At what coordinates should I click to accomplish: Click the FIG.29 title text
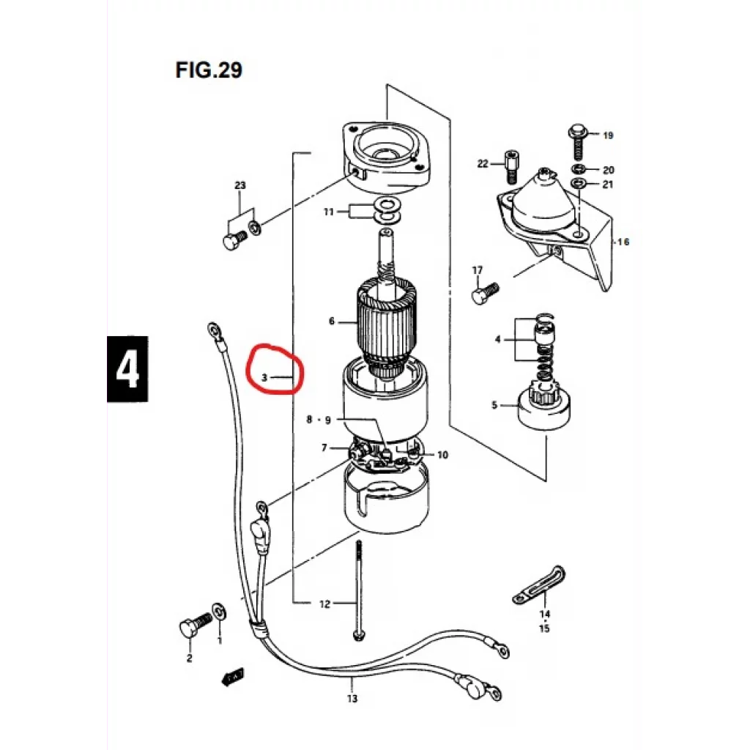(209, 70)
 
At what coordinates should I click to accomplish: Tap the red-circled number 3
(264, 377)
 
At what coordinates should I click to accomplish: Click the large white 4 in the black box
(127, 369)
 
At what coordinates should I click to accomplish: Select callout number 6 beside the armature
(332, 321)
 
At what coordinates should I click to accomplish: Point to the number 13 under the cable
(352, 699)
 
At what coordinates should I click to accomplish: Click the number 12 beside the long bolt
(324, 604)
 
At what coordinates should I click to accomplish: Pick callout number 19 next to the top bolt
(608, 135)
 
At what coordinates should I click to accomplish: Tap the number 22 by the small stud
(483, 164)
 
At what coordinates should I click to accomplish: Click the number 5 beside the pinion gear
(494, 405)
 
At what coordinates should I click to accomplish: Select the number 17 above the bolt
(478, 270)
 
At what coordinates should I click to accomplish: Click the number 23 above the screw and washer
(240, 185)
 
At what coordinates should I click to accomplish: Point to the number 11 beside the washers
(329, 212)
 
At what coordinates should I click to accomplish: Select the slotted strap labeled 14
(539, 585)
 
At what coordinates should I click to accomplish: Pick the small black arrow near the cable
(233, 677)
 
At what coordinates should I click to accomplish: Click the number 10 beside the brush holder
(442, 455)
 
